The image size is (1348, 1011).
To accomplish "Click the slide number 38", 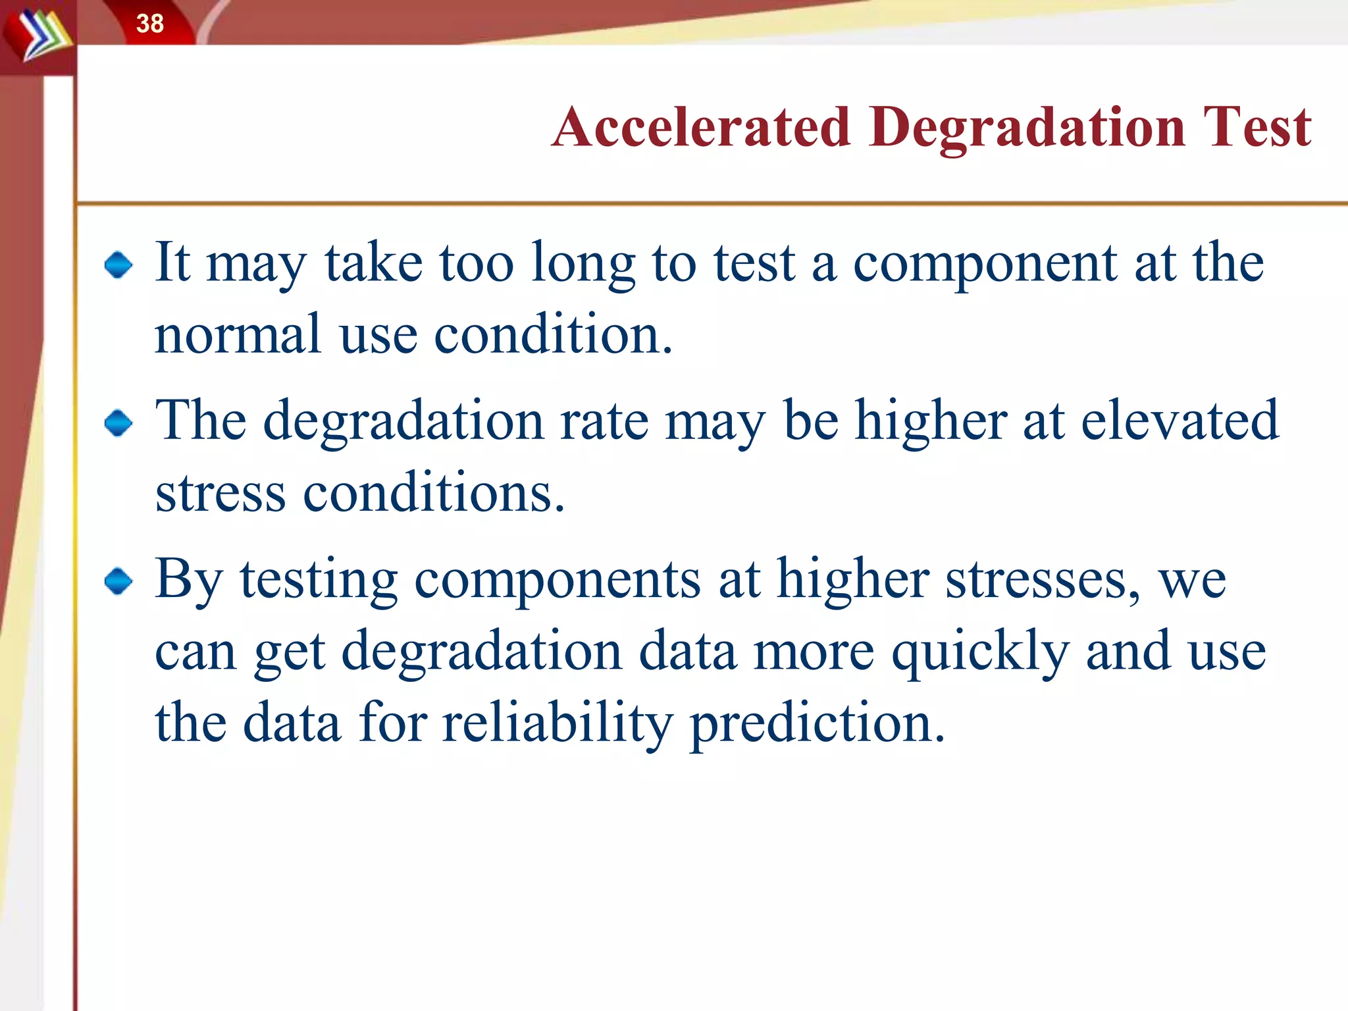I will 150,24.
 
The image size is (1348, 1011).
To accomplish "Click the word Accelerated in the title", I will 702,126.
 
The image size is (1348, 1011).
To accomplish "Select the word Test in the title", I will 1257,126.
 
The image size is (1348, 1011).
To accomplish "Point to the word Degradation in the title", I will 1026,128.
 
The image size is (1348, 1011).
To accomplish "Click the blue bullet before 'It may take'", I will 118,265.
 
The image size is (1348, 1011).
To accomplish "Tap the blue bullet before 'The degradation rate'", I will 118,423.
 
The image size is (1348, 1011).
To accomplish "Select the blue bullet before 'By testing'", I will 118,581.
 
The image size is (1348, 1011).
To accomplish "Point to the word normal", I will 237,335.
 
